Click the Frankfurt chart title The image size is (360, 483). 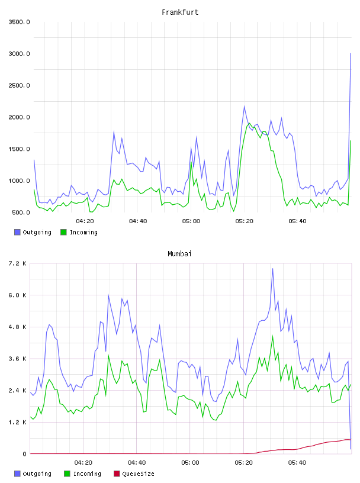180,12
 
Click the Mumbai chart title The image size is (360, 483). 179,254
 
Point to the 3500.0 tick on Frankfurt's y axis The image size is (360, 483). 19,22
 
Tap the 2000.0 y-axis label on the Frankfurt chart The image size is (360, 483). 19,117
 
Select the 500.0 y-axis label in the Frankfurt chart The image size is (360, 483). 21,212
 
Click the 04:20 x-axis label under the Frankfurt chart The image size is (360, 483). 85,221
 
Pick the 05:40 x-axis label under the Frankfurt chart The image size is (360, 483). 297,221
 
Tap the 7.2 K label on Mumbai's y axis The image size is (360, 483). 18,263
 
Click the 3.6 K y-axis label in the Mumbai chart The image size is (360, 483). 18,359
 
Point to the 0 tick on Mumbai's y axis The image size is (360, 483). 25,454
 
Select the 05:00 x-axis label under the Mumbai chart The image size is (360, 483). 190,463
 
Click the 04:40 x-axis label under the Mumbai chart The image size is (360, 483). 137,463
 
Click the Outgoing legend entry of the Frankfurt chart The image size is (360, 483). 33,232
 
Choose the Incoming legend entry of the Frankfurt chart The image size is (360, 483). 79,232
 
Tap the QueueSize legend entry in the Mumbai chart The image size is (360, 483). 134,474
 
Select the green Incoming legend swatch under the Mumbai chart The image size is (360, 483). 67,474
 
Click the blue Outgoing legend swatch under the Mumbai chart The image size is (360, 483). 17,474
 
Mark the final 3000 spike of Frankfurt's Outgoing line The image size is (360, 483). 351,54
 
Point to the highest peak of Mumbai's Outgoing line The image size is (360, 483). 272,269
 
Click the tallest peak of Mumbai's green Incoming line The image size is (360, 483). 272,336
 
